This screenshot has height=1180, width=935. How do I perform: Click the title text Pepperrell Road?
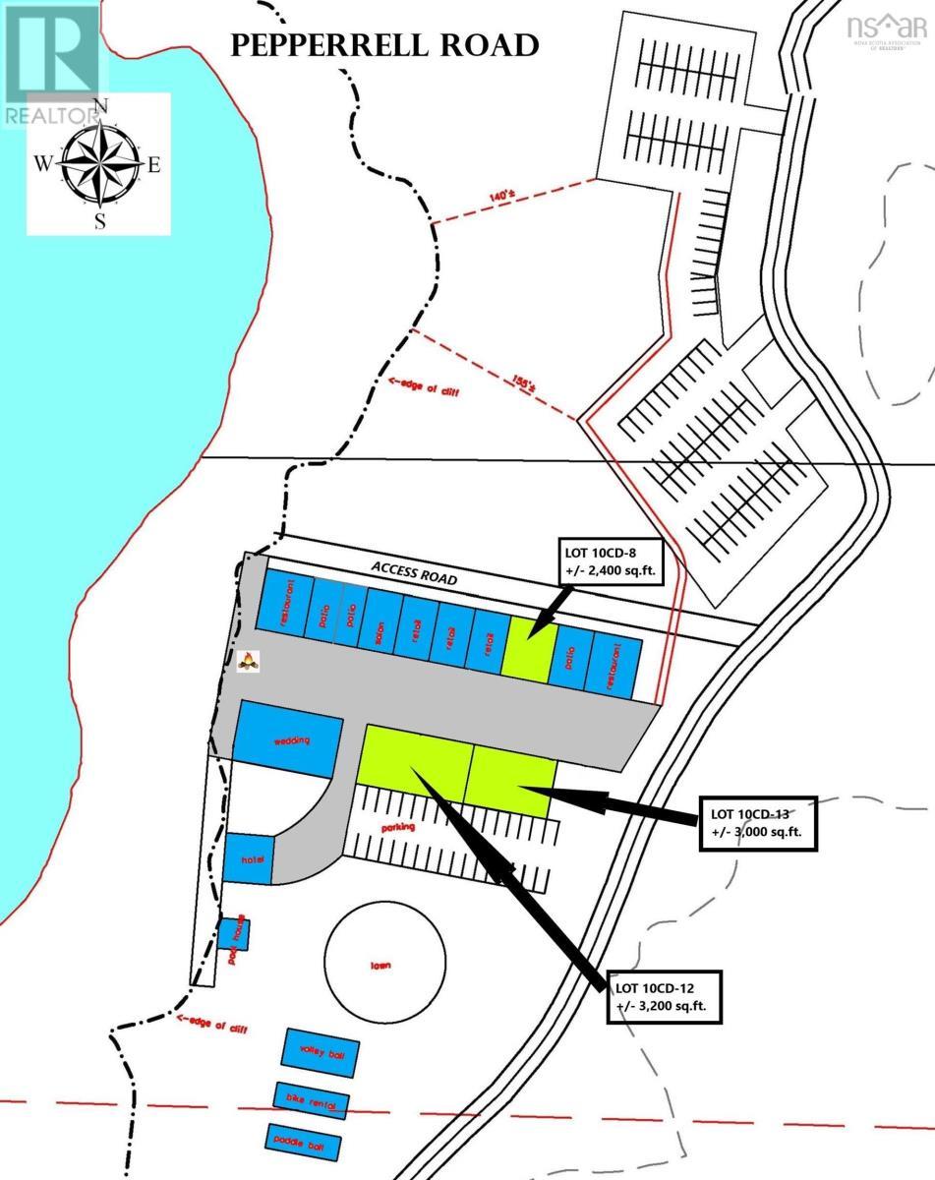point(383,45)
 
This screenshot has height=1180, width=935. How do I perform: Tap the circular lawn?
point(381,965)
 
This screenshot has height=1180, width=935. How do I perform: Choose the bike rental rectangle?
point(312,1102)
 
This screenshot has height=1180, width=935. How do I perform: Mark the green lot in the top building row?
point(529,645)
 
